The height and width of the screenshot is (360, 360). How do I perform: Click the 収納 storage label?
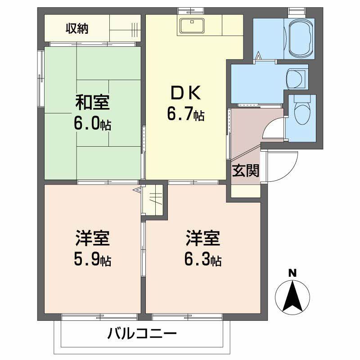(77, 29)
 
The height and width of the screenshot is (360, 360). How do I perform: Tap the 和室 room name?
(92, 103)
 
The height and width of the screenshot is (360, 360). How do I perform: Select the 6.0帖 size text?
(93, 123)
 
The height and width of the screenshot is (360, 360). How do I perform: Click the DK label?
(185, 94)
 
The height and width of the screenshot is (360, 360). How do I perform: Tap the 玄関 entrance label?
(246, 171)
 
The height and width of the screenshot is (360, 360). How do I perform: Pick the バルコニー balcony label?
(142, 334)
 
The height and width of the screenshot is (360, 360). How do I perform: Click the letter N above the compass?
(292, 273)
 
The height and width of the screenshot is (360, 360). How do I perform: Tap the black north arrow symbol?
(292, 297)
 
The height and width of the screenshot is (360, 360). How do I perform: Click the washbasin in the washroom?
(295, 79)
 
